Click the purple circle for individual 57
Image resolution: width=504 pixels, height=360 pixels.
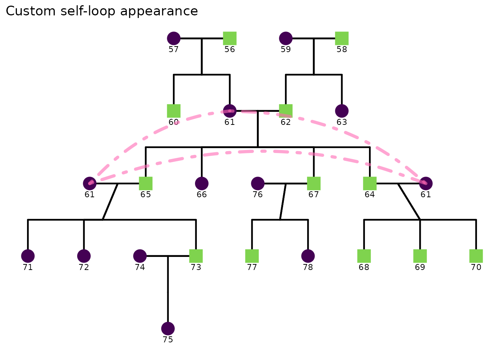click(174, 38)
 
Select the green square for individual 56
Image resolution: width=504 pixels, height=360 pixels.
click(230, 38)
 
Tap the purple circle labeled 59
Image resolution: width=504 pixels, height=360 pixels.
click(286, 38)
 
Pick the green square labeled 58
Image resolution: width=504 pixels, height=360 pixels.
click(342, 38)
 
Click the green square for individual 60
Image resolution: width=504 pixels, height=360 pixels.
click(174, 111)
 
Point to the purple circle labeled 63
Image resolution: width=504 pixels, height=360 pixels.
click(342, 111)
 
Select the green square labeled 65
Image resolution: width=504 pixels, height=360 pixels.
click(146, 183)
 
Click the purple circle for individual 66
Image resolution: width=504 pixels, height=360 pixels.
click(202, 183)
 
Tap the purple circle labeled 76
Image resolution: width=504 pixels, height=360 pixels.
click(258, 183)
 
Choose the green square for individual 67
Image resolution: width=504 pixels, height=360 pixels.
click(314, 183)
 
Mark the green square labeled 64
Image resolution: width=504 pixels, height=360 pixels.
click(370, 183)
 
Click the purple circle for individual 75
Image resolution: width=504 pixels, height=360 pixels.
click(168, 328)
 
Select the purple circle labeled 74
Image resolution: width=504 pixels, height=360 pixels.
click(140, 256)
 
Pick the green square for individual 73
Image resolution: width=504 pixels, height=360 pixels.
click(196, 256)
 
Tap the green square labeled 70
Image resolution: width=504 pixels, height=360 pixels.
click(476, 256)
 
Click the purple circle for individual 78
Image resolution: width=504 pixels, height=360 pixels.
click(308, 256)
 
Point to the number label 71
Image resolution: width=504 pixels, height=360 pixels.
click(28, 267)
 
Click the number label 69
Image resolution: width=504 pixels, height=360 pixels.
click(420, 267)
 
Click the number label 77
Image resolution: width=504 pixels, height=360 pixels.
click(252, 267)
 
